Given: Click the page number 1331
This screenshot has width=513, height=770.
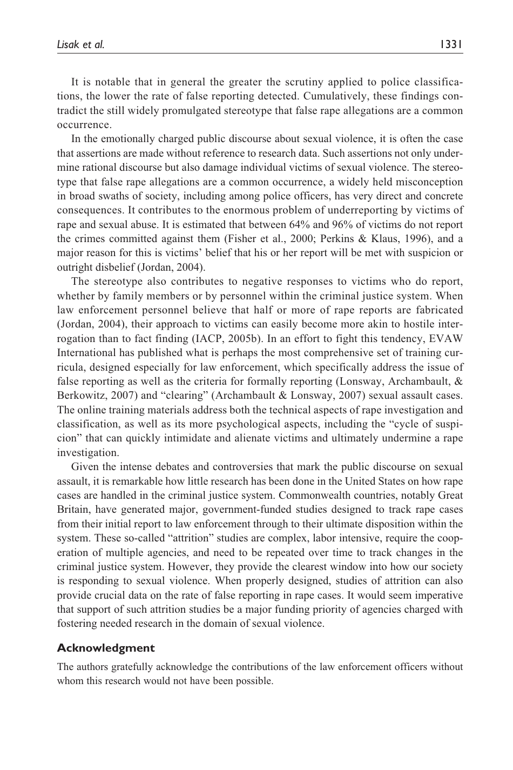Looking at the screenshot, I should tap(450, 45).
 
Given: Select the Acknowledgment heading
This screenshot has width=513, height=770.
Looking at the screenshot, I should tap(106, 648).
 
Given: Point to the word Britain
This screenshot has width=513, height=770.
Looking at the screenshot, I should tap(73, 509).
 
